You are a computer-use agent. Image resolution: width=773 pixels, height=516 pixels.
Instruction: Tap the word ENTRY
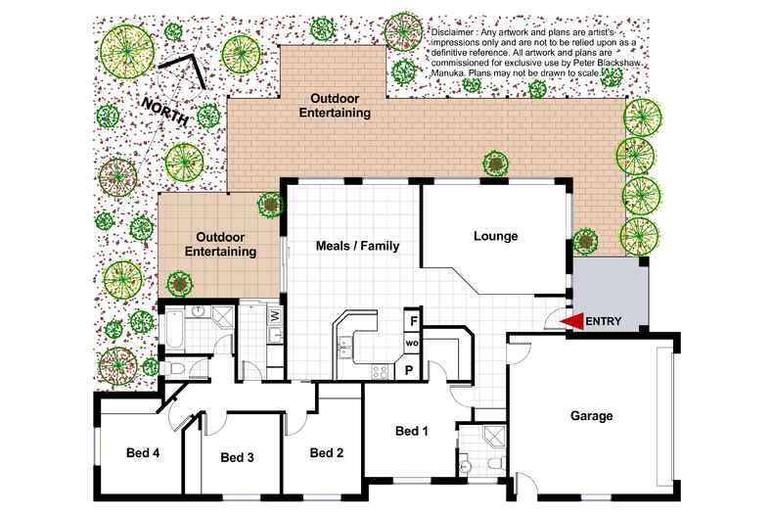pos(604,321)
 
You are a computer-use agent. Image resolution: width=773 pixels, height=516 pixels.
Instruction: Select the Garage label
pos(592,416)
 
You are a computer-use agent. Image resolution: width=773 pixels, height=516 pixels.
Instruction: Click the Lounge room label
pos(495,236)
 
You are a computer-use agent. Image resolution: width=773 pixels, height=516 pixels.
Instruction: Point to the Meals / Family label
pos(357,246)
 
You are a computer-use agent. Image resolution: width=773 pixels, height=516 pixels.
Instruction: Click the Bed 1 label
pos(412,431)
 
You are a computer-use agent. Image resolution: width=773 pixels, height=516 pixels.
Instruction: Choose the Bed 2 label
pos(327,453)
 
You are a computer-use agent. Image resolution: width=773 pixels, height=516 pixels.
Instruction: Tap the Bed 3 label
pos(237,457)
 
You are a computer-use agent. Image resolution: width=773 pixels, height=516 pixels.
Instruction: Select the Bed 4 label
pos(143,452)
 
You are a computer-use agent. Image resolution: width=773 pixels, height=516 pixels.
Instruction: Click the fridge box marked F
pos(413,321)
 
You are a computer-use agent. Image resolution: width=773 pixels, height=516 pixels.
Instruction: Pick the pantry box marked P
pos(409,369)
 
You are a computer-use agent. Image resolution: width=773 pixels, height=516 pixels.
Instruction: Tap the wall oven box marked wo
pos(412,343)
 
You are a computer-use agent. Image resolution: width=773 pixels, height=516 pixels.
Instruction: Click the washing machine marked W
pos(275,314)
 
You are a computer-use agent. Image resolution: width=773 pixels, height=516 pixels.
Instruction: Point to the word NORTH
pos(165,112)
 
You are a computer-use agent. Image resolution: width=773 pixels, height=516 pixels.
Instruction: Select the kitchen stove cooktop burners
pos(380,371)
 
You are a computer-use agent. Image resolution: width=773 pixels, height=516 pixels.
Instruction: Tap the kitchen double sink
pos(344,346)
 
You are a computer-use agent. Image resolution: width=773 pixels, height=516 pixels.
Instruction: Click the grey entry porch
pos(610,294)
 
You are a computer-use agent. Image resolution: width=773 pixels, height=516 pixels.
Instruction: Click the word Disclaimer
pos(452,32)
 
